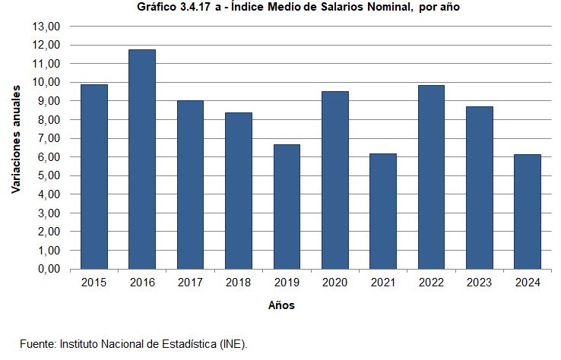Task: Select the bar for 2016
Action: [142, 159]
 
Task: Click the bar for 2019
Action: [287, 207]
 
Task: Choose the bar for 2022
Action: [431, 177]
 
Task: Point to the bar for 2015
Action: [94, 177]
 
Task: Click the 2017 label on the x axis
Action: [190, 283]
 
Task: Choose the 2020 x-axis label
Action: [334, 283]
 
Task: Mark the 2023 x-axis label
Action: [479, 283]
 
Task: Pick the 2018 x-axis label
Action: [239, 283]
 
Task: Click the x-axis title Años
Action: [281, 305]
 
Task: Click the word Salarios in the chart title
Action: [339, 8]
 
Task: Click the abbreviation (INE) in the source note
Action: [233, 343]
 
